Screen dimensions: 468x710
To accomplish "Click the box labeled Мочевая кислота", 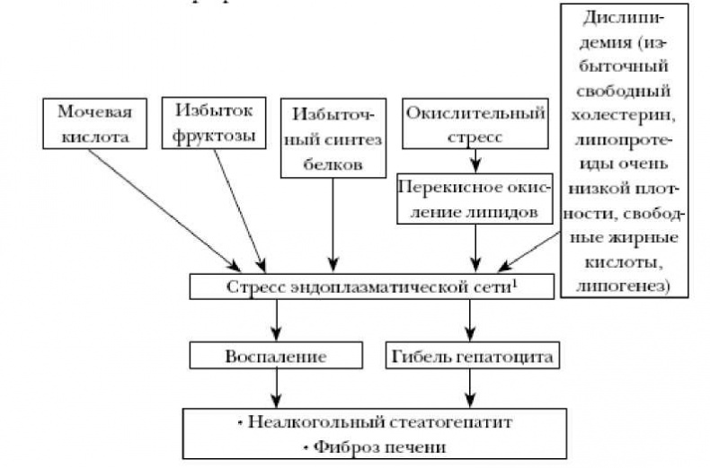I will (94, 124).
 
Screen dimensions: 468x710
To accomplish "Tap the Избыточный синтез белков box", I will (333, 137).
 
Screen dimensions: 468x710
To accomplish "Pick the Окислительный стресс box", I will (475, 124).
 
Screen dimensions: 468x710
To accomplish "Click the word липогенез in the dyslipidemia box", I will (626, 287).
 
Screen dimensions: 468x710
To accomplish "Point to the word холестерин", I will (626, 115).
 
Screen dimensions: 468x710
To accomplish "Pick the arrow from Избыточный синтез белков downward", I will (333, 225).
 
